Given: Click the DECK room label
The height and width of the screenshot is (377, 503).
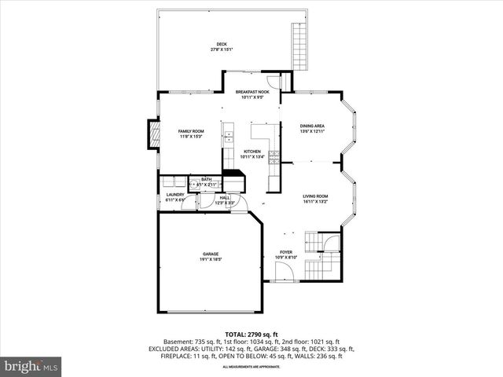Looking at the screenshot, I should (222, 44).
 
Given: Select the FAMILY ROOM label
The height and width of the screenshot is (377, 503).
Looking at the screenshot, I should (190, 131).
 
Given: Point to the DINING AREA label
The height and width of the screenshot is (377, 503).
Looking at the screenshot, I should (313, 126).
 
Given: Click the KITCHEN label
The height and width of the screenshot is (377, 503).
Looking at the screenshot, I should (251, 151).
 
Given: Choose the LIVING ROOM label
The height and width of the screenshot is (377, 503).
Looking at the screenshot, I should (316, 196).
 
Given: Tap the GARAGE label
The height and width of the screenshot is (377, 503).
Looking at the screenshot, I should (210, 254).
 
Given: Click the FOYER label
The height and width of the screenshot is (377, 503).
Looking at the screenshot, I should (286, 252).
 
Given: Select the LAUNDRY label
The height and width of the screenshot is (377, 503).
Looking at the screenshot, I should (175, 195).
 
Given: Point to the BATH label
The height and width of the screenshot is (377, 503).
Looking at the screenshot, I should (206, 179).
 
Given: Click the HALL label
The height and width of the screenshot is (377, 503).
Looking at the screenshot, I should (225, 198).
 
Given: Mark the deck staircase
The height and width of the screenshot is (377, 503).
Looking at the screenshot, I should (299, 46).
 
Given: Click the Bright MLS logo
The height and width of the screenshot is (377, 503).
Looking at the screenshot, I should (31, 366).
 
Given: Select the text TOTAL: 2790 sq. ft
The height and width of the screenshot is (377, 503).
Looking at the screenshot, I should (251, 334).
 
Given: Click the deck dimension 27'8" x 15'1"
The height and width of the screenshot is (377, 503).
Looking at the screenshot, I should (222, 49).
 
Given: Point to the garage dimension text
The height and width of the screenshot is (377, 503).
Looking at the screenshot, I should (210, 259).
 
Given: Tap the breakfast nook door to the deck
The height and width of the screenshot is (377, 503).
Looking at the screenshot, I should (272, 81).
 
